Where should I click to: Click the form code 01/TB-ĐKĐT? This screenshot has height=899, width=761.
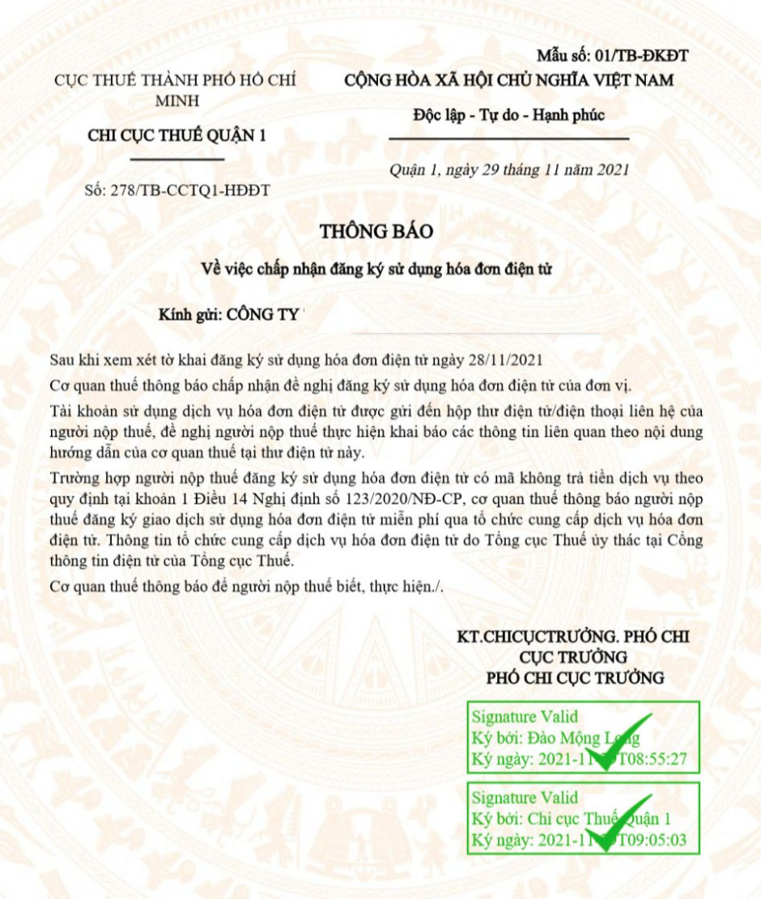(x=641, y=56)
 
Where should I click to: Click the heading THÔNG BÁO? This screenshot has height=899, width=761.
(x=376, y=231)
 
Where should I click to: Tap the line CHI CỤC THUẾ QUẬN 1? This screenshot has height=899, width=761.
(x=176, y=135)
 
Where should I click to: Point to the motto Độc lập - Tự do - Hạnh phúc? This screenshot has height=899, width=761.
(x=508, y=115)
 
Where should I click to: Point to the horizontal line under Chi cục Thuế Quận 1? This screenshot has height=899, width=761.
(x=176, y=160)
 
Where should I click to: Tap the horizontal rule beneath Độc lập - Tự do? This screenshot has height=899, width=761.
(x=508, y=139)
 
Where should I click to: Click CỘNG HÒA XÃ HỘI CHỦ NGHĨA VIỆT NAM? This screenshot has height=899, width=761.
(x=508, y=80)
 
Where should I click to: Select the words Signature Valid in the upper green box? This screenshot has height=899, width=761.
(x=525, y=717)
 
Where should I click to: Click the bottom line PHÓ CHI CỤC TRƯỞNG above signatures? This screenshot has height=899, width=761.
(x=576, y=677)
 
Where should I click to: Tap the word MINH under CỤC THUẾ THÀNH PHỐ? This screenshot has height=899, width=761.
(x=176, y=100)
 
